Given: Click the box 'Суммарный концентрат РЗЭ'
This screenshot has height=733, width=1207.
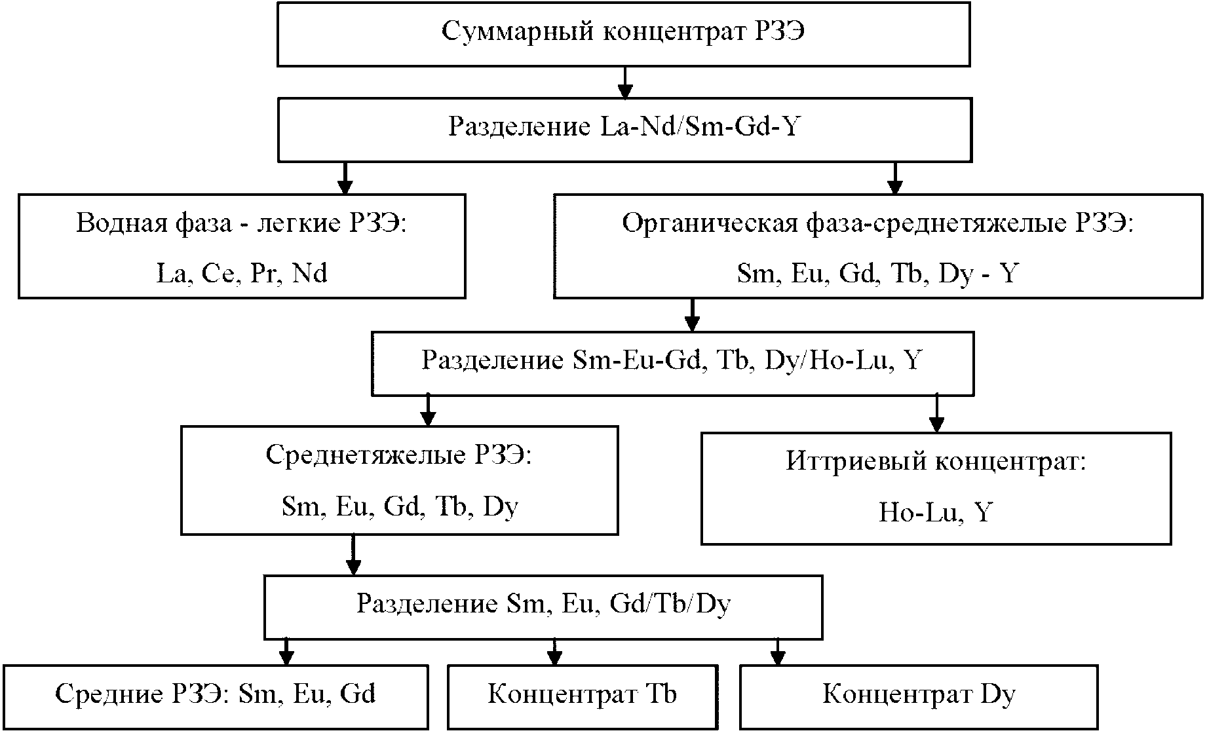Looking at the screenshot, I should tap(623, 33).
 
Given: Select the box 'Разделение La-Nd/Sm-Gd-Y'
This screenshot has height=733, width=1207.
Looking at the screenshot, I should tap(624, 128).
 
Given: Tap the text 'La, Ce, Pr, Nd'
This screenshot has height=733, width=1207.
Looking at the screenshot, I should tap(242, 273).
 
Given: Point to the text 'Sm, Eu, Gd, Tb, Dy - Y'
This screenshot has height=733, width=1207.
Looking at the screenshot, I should tap(877, 273).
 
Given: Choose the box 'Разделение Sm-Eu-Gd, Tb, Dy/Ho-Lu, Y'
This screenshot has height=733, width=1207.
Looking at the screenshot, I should tap(672, 362).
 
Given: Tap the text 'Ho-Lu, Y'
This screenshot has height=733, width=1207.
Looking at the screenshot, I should tap(935, 512).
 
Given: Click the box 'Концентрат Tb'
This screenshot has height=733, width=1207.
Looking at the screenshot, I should tap(582, 696).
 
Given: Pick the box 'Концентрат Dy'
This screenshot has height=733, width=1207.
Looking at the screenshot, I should tap(918, 696).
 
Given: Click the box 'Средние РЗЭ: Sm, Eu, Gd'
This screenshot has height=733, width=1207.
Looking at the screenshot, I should tap(215, 696).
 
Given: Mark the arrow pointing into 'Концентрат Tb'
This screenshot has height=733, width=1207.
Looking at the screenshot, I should tap(554, 652).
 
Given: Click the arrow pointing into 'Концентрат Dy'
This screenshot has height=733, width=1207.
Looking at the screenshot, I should tap(777, 652).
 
